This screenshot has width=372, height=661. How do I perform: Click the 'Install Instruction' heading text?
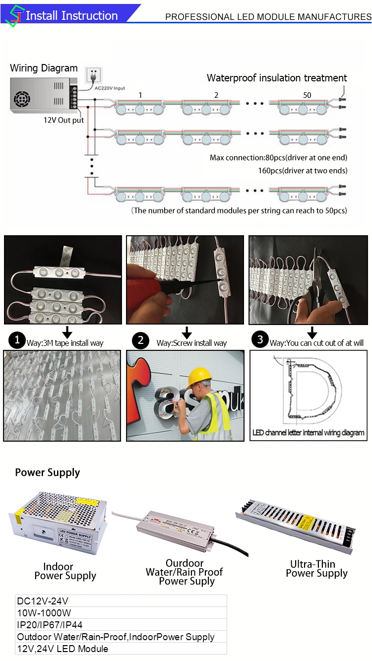71,16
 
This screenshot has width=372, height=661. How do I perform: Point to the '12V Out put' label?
63,120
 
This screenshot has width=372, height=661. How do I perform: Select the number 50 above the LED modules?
307,95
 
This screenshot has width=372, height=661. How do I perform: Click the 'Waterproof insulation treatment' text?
277,78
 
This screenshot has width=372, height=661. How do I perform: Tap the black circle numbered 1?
17,340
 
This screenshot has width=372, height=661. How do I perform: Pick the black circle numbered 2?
141,340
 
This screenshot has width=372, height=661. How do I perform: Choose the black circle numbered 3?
260,340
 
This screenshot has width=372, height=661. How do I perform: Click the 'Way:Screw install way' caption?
191,343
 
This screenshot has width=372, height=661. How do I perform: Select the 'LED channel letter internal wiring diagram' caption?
308,433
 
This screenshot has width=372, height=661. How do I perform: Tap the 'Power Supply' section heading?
48,472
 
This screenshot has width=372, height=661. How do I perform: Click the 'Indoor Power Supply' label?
62,571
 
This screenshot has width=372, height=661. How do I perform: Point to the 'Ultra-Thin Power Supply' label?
316,569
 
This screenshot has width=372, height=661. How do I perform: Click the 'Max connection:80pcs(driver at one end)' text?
278,158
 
